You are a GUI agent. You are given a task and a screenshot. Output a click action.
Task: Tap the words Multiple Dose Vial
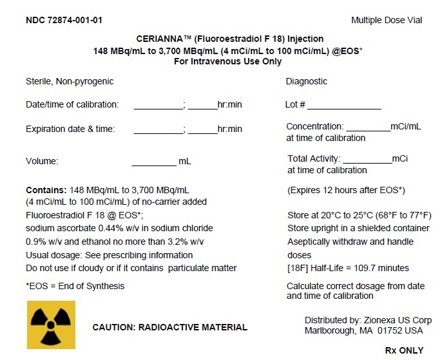387,20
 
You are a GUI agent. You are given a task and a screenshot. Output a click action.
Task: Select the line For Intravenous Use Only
228,61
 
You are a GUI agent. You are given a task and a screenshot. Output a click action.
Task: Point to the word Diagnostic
307,82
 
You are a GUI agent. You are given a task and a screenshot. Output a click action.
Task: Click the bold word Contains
46,191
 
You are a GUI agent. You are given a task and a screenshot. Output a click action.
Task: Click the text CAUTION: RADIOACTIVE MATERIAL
170,327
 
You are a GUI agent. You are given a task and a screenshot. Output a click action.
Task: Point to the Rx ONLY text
404,350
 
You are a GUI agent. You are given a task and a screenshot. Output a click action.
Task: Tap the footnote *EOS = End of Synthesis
75,286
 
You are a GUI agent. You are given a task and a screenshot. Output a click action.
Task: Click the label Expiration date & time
70,129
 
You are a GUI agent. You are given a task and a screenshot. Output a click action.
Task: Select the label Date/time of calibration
72,105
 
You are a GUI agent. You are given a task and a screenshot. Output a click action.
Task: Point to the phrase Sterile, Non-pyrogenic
70,82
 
